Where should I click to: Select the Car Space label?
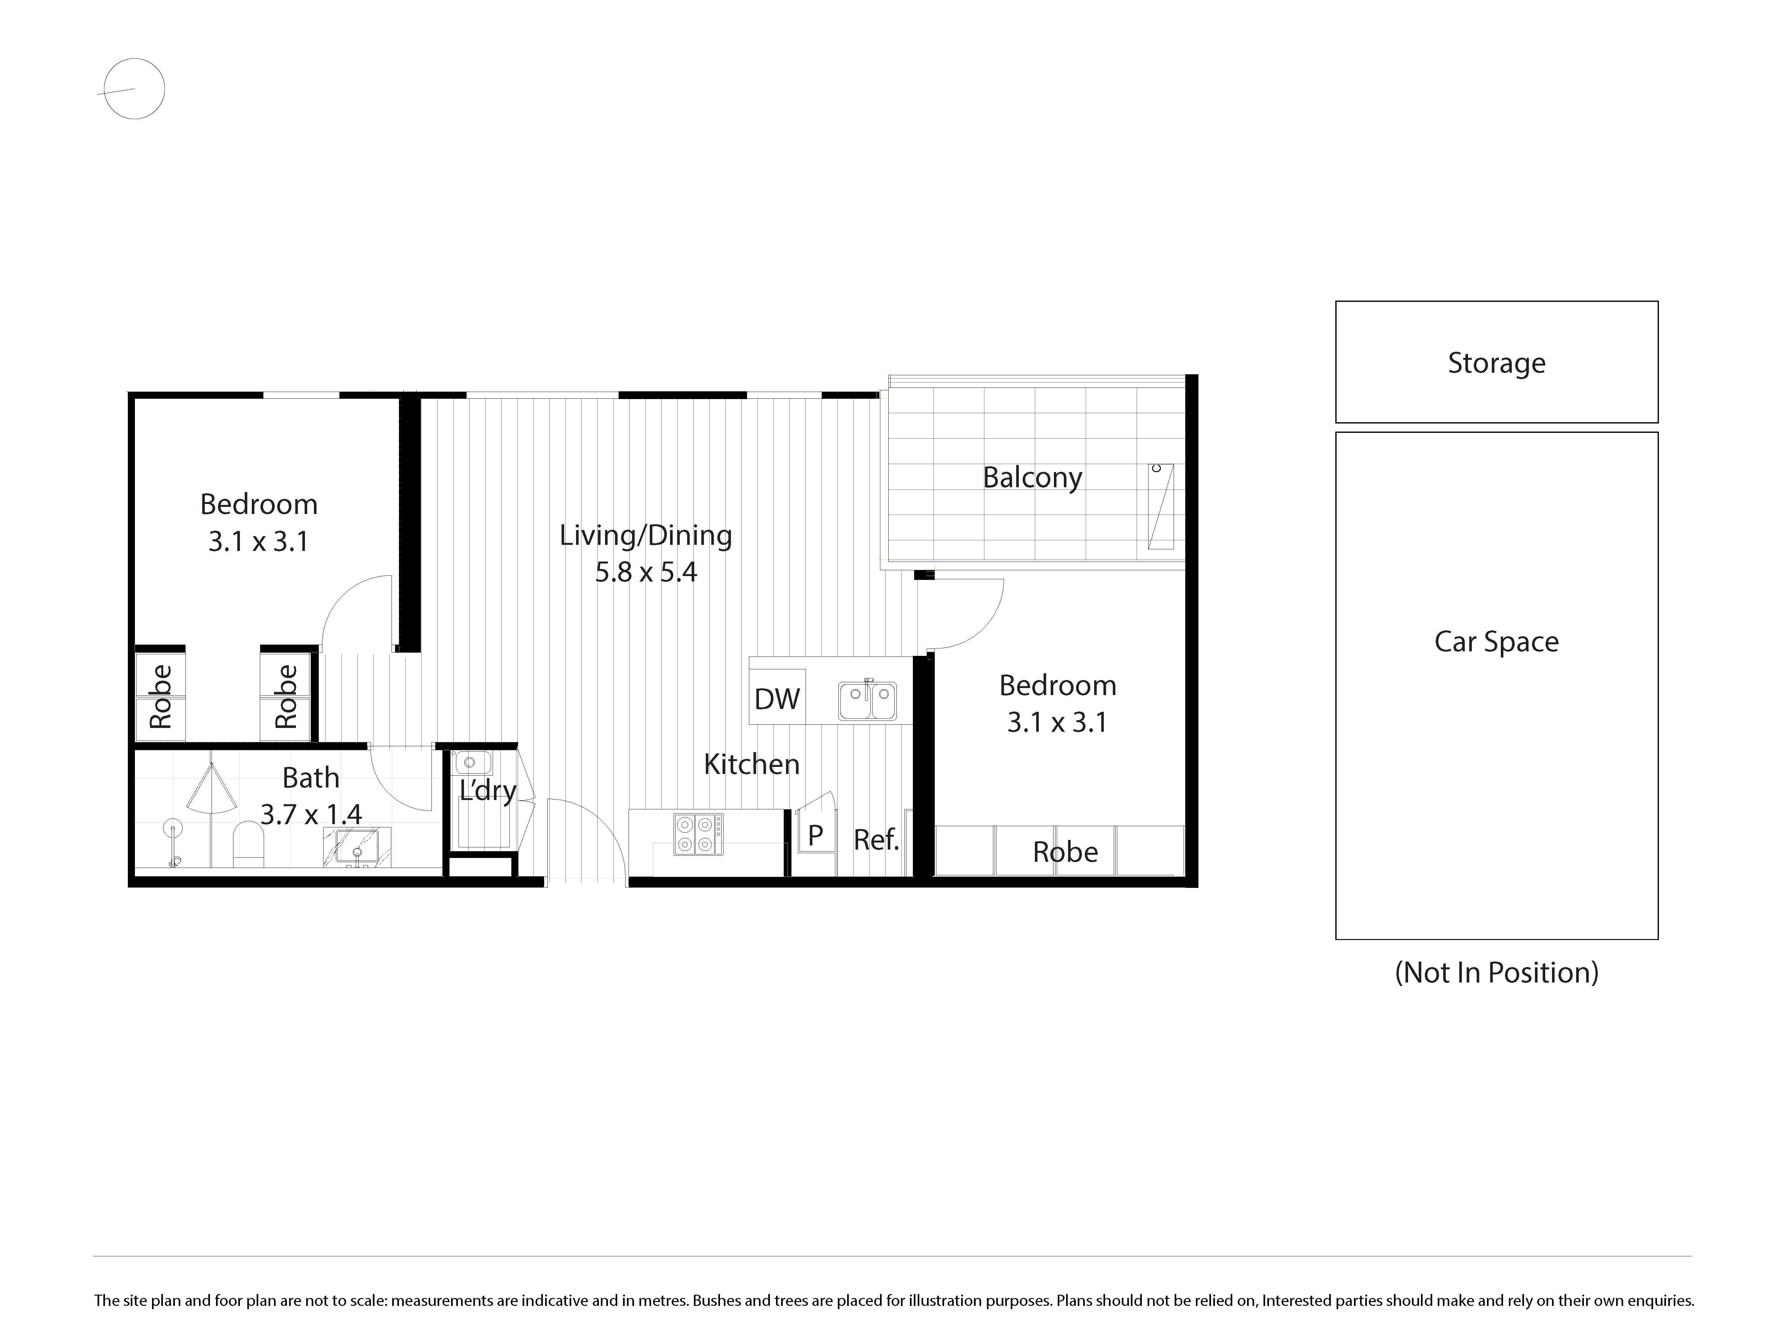(1496, 642)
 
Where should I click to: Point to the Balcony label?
(1032, 478)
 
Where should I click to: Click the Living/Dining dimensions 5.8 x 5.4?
(646, 572)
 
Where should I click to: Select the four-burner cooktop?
(698, 834)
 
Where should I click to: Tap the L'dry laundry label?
(488, 790)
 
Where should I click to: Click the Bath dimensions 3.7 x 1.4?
(311, 814)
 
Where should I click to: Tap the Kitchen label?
(751, 764)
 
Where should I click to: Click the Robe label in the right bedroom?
(1065, 852)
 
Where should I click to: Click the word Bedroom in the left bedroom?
(259, 504)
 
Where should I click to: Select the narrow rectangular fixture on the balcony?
(1160, 506)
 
